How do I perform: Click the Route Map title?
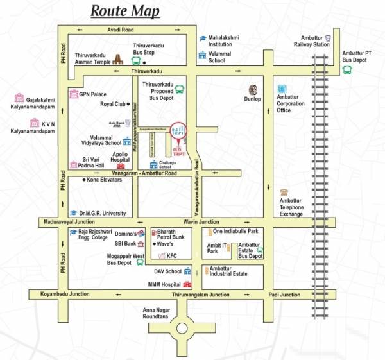pos(126,11)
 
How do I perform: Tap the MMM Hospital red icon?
pos(187,284)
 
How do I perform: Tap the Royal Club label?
pos(112,103)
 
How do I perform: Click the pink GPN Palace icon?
pos(74,94)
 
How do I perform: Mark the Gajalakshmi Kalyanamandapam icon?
pos(18,99)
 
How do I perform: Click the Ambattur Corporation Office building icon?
pos(282,89)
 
